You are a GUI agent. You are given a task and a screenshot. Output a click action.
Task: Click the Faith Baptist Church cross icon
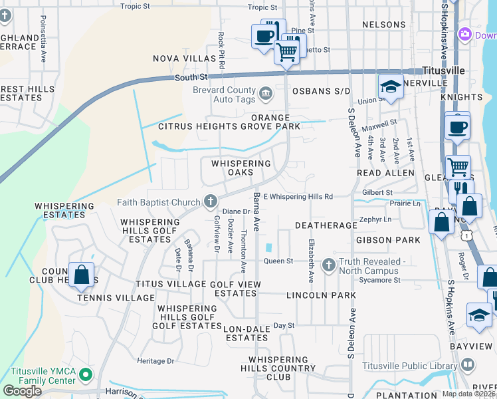[x=211, y=201]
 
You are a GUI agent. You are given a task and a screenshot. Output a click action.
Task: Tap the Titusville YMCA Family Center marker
[x=85, y=376]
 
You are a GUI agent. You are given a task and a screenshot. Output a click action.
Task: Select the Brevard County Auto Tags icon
[x=265, y=92]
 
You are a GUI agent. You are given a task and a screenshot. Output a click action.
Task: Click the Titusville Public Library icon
[x=468, y=364]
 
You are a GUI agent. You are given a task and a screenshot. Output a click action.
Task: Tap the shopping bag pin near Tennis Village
[x=80, y=274]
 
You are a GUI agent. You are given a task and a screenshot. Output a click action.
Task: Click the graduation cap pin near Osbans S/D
[x=390, y=85]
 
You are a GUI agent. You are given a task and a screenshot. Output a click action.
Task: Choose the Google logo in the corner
[x=22, y=391]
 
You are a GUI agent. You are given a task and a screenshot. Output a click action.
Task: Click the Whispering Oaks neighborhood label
[x=241, y=168]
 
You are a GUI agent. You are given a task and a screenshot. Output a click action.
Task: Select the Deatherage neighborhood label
[x=326, y=225]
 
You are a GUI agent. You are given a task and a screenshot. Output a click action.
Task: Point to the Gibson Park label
[x=389, y=239]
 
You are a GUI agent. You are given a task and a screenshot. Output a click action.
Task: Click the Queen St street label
[x=278, y=261]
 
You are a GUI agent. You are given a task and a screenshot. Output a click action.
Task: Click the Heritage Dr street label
[x=155, y=360]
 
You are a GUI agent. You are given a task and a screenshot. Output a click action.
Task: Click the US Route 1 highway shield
[x=469, y=235]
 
